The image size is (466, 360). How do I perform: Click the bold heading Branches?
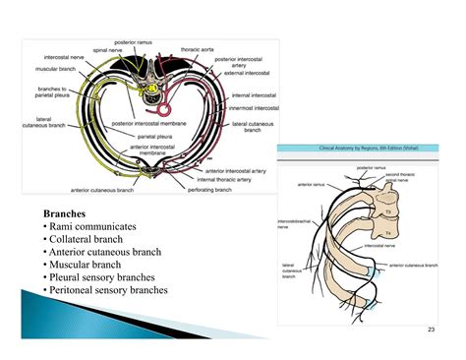66,212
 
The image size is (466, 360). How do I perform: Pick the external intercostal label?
246,73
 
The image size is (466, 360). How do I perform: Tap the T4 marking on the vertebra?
387,231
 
